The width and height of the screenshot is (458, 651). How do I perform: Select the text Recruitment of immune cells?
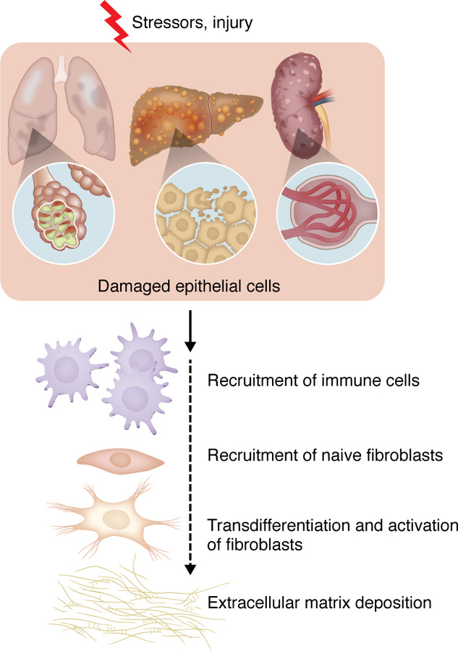pyautogui.click(x=313, y=380)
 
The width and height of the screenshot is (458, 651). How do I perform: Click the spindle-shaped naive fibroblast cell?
pyautogui.click(x=120, y=460)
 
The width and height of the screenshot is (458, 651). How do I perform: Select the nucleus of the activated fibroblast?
pyautogui.click(x=116, y=518)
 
